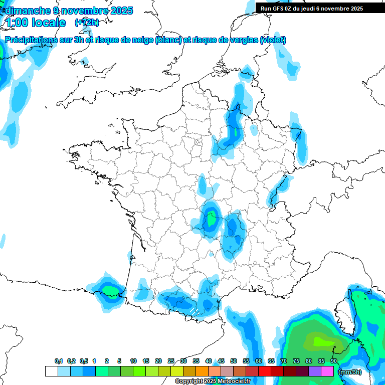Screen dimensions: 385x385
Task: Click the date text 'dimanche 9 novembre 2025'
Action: [x=69, y=11]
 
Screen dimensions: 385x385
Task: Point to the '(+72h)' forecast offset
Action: [x=87, y=23]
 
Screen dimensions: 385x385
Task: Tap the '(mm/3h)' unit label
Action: [x=349, y=371]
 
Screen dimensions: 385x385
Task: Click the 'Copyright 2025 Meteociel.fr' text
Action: [x=213, y=381]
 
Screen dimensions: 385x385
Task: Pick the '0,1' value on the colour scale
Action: [x=59, y=361]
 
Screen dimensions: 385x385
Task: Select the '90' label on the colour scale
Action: [x=333, y=361]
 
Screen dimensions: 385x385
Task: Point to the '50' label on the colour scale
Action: [x=234, y=361]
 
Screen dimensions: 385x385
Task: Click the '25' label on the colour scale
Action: [x=171, y=361]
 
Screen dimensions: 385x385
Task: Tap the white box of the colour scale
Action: [x=51, y=371]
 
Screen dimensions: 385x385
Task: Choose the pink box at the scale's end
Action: [x=327, y=371]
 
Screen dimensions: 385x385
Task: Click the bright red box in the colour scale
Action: [x=265, y=371]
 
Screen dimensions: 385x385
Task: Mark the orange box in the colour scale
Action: [x=202, y=371]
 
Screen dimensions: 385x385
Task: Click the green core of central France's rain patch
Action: [x=212, y=219]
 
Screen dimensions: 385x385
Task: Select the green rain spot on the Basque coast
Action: [x=110, y=289]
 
